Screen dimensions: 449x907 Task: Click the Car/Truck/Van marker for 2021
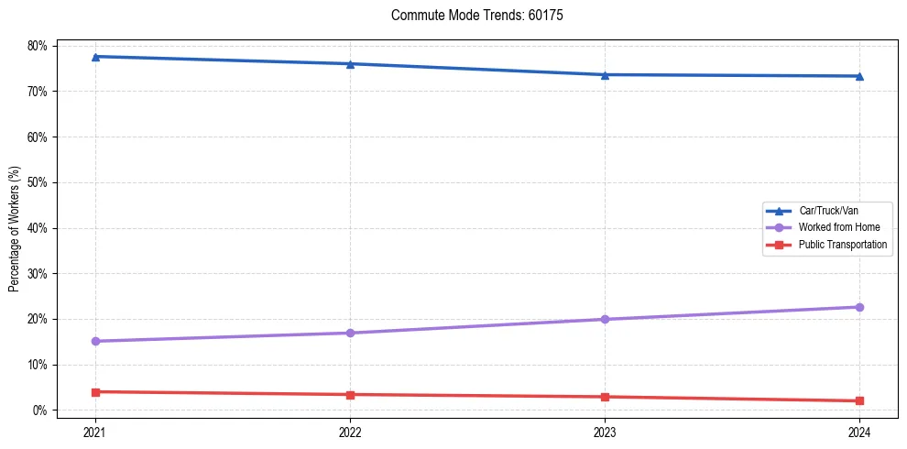tap(95, 57)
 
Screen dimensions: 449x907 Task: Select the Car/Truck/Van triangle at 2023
tap(605, 74)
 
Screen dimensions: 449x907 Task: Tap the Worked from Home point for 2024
tap(859, 307)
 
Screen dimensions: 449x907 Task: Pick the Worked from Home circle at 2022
tap(350, 333)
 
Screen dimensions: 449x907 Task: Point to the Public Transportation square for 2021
tap(95, 392)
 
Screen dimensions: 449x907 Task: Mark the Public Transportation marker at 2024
tap(859, 400)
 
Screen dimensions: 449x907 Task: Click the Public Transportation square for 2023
tap(605, 397)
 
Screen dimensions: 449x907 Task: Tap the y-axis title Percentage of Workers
tap(15, 228)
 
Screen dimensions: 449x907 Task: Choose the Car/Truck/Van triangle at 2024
tap(859, 76)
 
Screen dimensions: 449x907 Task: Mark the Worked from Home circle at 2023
tap(605, 319)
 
